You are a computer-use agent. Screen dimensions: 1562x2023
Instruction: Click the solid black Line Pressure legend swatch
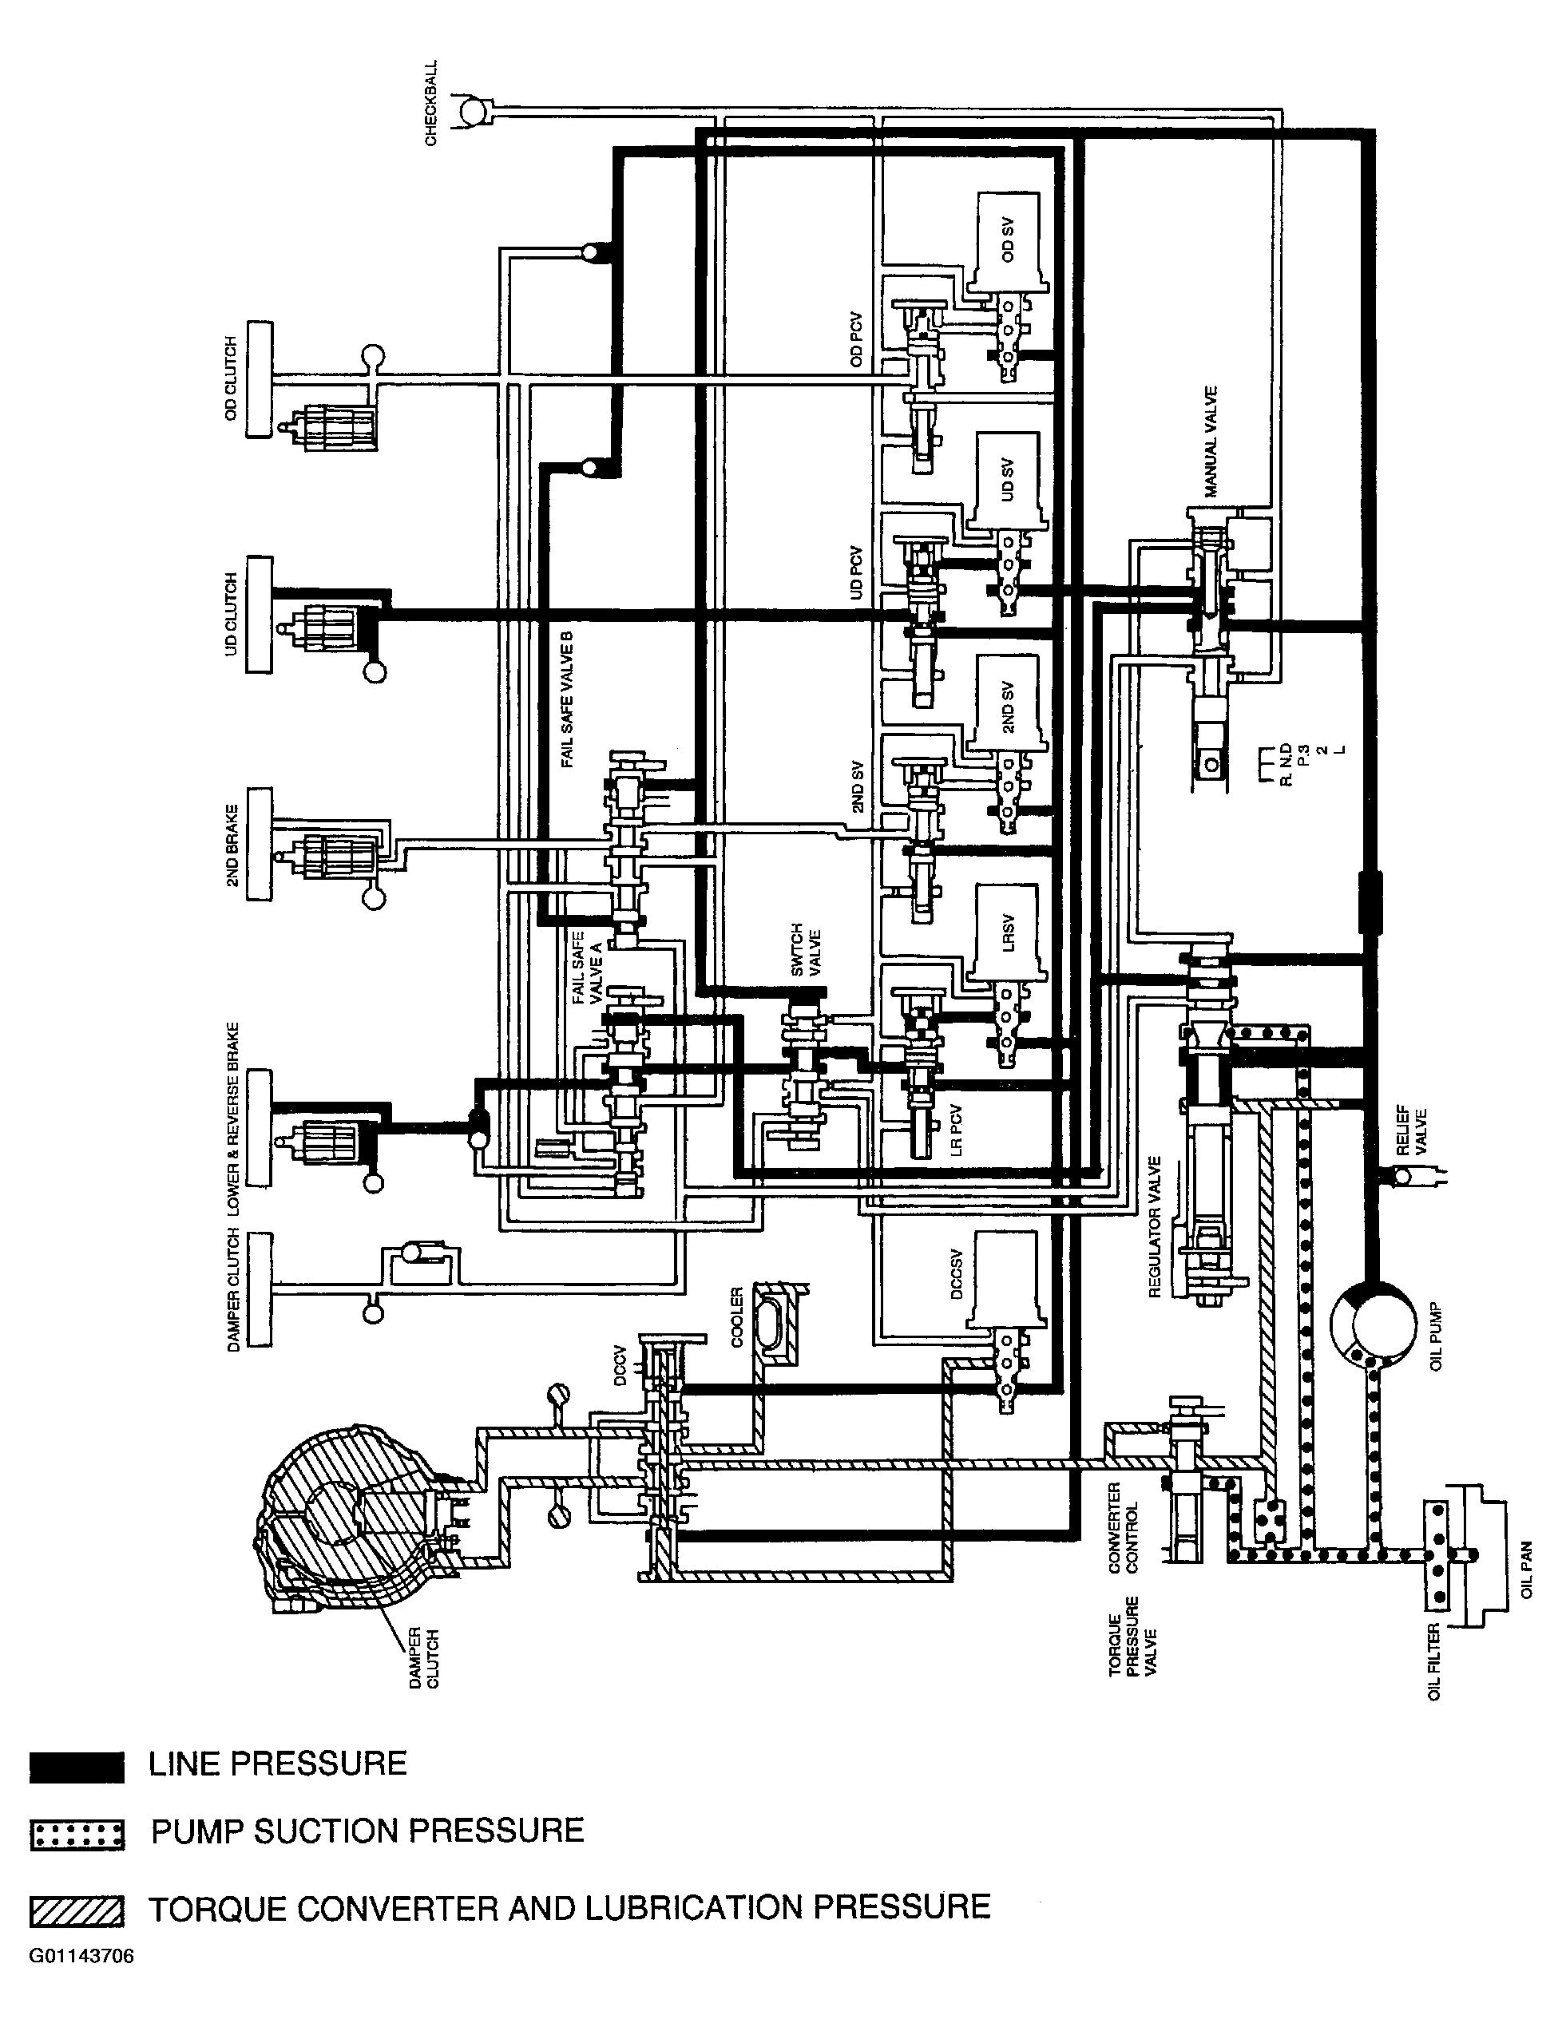point(76,1767)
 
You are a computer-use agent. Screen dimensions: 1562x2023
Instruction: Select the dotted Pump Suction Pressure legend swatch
point(76,1835)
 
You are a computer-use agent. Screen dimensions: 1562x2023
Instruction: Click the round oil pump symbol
point(1373,1324)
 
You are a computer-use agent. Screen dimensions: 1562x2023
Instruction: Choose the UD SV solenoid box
point(1009,481)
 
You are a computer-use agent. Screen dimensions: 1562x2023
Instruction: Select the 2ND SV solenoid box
point(1009,705)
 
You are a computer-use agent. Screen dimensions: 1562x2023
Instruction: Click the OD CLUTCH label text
point(232,379)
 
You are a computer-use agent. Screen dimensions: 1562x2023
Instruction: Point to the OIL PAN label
point(1527,1569)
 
